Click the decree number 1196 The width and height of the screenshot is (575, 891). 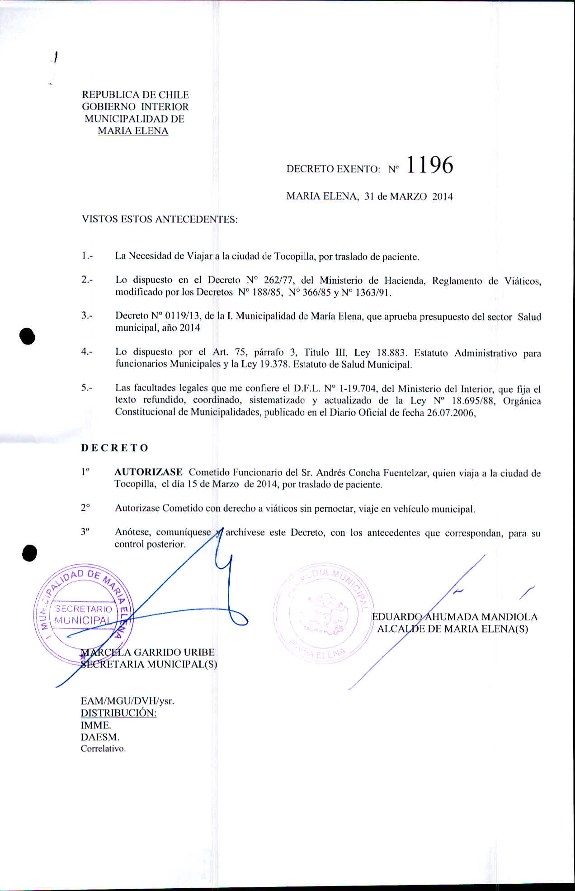pos(429,166)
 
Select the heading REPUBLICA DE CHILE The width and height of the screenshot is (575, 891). pos(135,95)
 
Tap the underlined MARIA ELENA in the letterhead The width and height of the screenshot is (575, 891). pos(133,131)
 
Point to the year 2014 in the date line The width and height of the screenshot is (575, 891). pos(442,197)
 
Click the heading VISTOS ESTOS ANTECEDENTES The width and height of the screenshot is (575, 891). pos(159,220)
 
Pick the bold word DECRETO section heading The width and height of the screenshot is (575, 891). pos(115,448)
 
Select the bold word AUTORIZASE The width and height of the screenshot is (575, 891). pos(149,472)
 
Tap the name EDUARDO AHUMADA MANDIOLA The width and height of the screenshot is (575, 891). pos(454,617)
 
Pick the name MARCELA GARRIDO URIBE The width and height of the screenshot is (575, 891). pos(147,653)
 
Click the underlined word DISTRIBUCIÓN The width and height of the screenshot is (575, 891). pos(118,713)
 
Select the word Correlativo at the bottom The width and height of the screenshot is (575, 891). pos(103,749)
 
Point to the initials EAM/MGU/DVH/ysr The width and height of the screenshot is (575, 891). pos(127,701)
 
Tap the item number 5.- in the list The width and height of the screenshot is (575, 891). pos(87,388)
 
